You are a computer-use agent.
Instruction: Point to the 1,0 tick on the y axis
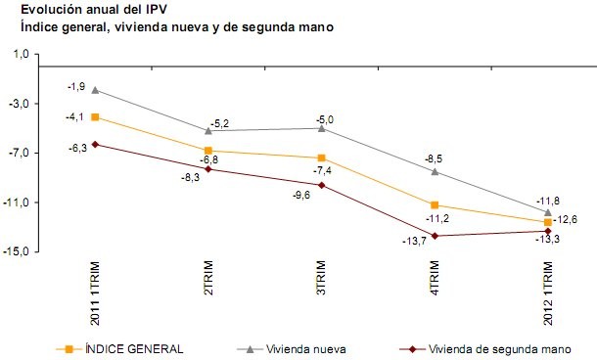point(19,55)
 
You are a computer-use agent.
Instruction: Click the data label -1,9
point(75,87)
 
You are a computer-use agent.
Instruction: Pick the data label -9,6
point(301,195)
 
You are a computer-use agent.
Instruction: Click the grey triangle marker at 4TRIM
point(435,172)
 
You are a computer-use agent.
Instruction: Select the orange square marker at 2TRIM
point(207,151)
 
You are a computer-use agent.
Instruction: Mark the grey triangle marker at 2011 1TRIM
point(95,90)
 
